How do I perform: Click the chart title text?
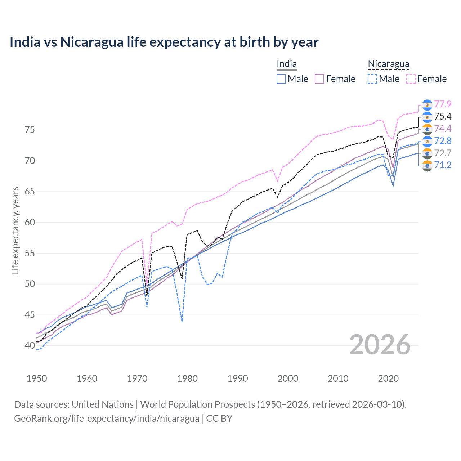point(164,42)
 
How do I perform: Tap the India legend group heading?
point(286,64)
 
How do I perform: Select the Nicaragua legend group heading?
point(388,64)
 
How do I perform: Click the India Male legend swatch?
point(281,79)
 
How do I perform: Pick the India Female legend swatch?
point(320,79)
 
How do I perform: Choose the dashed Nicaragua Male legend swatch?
point(372,79)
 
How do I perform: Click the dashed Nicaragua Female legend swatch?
point(411,79)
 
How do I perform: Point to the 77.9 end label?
point(443,104)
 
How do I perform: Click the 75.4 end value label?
point(443,116)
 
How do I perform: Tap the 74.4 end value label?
point(443,129)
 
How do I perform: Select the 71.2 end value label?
point(443,165)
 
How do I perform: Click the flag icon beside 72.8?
point(427,141)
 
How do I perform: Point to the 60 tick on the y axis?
point(19,222)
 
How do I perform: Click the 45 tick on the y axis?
point(19,315)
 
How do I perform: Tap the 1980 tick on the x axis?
point(188,379)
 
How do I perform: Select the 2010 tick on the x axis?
point(338,379)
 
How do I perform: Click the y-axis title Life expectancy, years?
point(15,230)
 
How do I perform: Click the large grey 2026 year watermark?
point(380,345)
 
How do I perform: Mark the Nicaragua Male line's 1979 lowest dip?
point(182,322)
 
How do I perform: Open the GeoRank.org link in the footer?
point(107,419)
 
